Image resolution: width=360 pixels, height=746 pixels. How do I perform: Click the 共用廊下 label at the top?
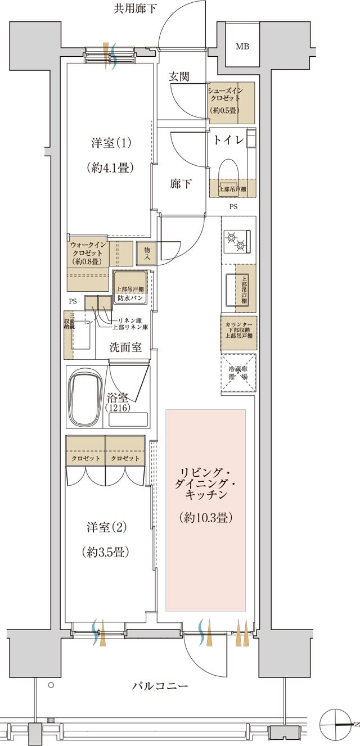coord(135,8)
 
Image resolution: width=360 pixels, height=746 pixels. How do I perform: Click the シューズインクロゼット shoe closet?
coord(231,102)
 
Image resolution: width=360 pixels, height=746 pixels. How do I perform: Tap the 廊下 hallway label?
coord(180,184)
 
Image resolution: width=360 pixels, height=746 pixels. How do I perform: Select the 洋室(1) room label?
coord(111,143)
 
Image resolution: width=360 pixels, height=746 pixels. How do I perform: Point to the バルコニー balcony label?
coord(160,686)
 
